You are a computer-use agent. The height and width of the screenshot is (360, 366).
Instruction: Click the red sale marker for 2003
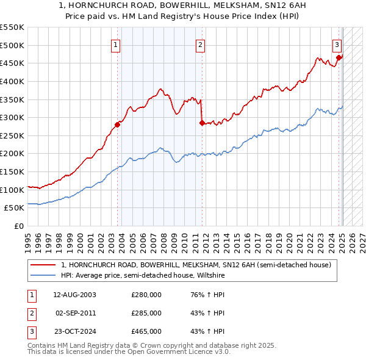117,124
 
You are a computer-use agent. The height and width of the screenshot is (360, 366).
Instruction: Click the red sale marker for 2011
202,123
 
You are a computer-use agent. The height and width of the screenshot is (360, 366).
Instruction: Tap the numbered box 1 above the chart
116,44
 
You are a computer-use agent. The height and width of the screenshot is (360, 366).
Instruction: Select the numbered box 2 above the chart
200,44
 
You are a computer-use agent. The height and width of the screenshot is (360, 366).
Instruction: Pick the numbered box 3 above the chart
337,44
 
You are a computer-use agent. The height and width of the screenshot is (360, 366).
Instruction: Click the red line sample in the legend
43,265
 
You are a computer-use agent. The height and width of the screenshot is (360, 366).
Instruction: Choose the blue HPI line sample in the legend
43,275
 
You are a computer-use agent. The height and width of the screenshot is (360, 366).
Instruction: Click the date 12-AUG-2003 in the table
74,295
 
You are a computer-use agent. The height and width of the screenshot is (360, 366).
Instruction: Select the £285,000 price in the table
146,313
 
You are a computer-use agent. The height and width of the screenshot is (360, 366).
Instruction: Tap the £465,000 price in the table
146,331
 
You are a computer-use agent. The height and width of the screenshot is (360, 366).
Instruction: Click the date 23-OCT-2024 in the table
74,331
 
